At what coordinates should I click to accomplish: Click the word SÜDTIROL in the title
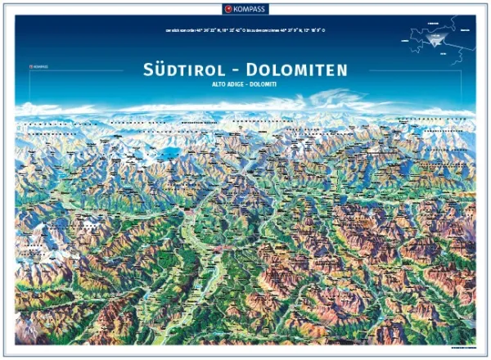178,70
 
